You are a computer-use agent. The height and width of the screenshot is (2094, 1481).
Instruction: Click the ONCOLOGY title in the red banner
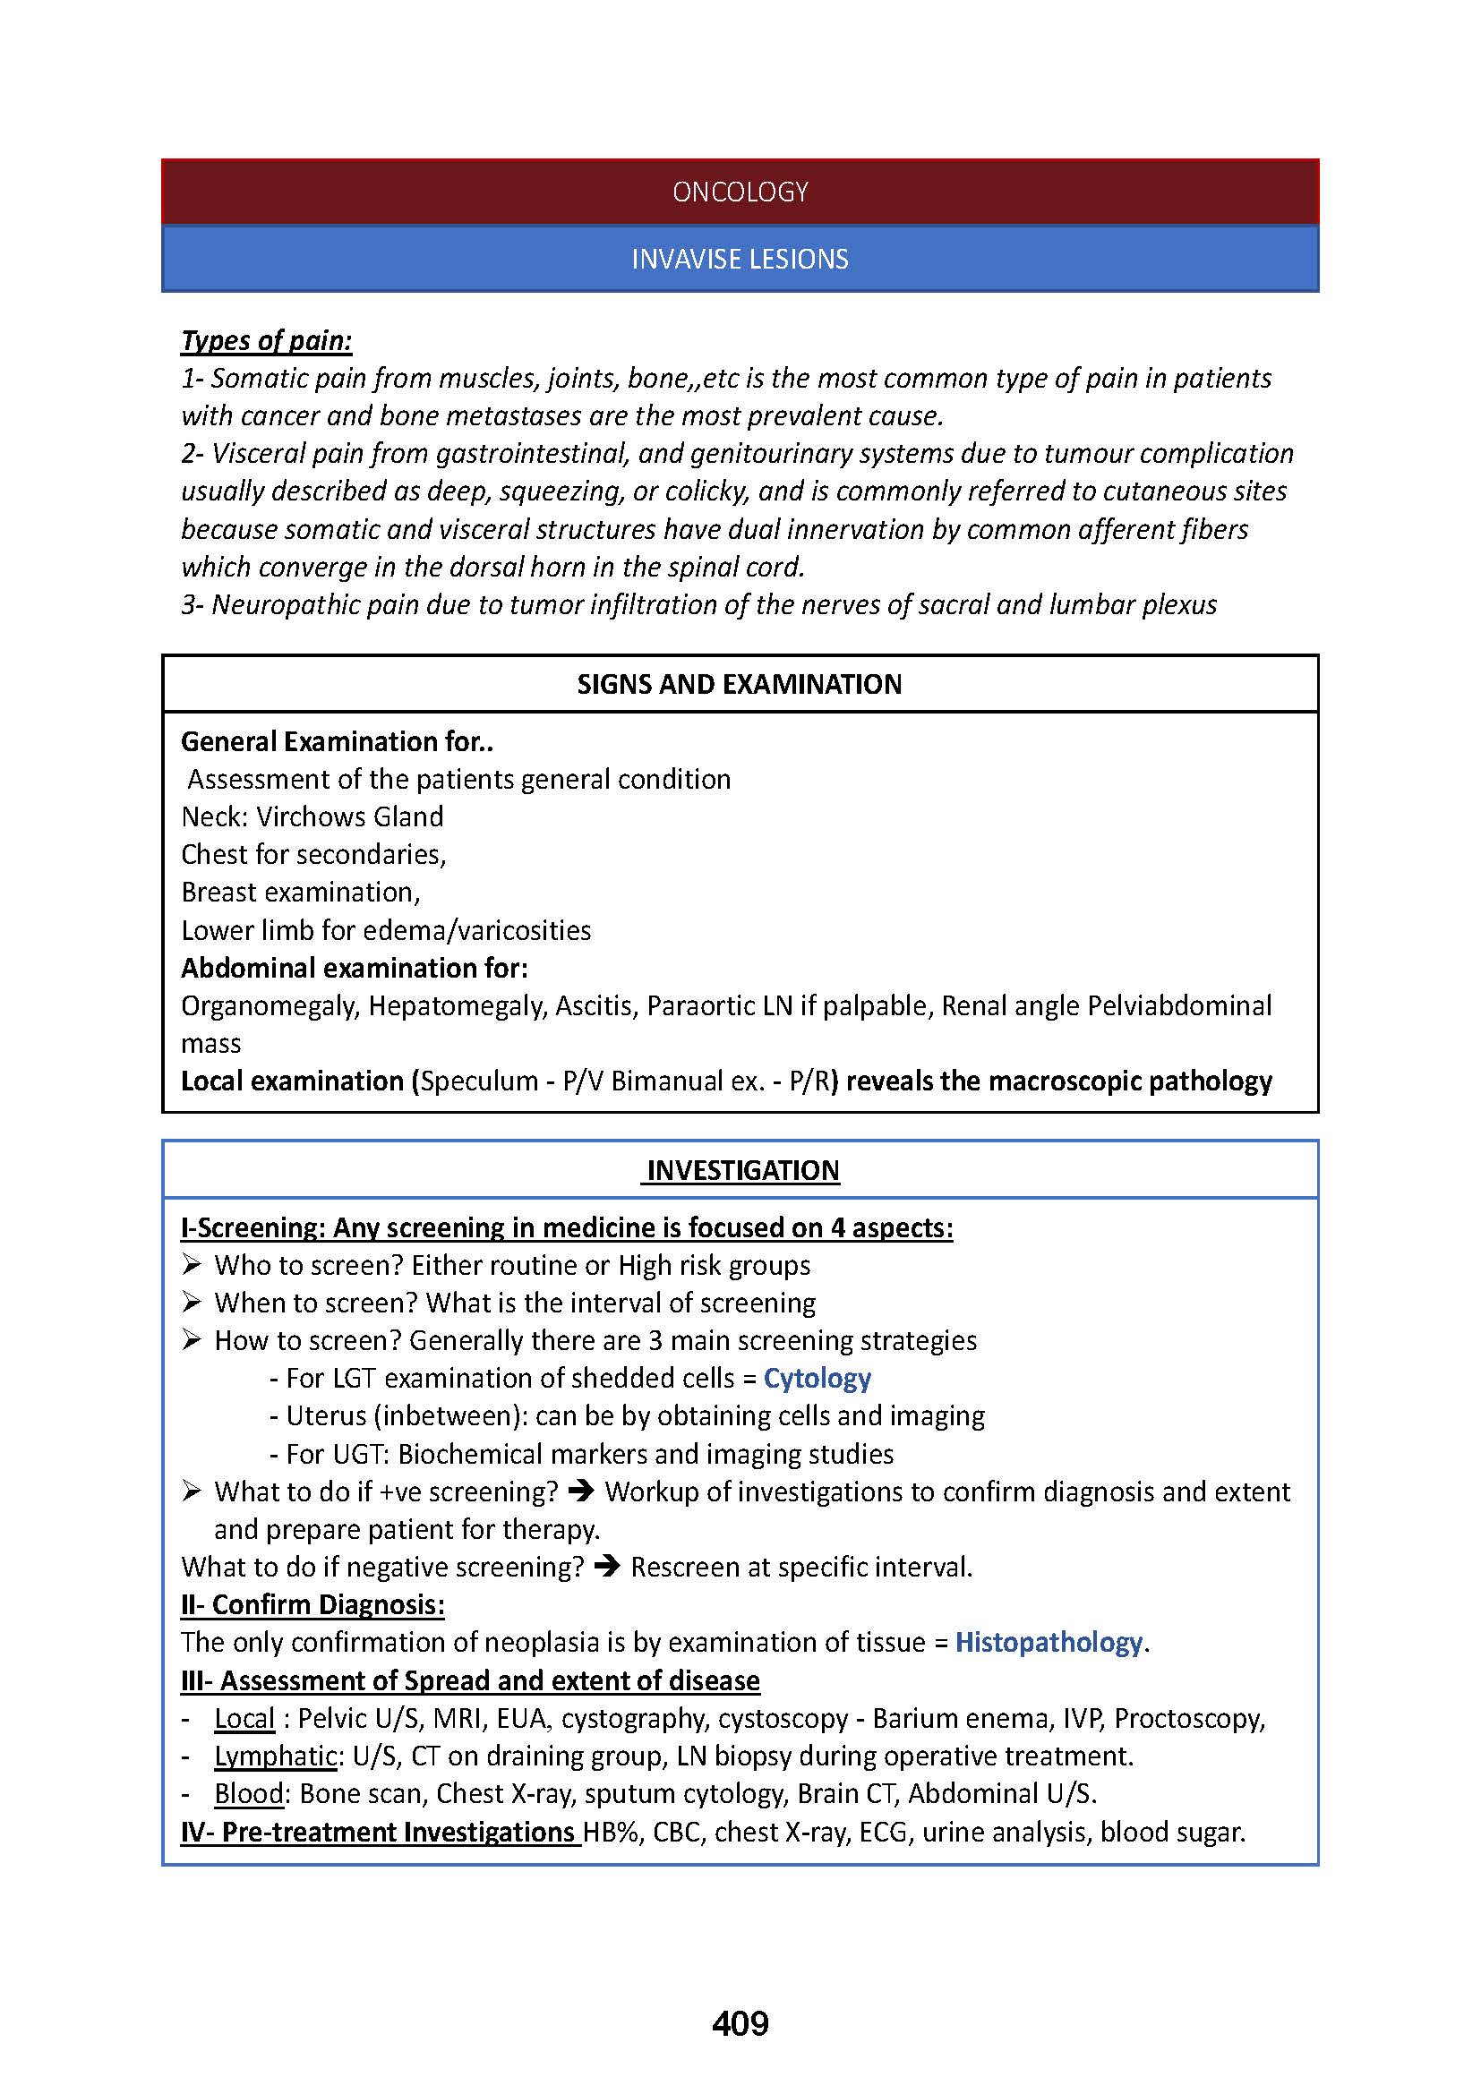pos(740,192)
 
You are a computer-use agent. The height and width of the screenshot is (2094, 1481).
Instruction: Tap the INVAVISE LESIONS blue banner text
pos(740,259)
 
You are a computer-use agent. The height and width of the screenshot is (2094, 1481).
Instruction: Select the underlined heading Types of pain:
pos(266,340)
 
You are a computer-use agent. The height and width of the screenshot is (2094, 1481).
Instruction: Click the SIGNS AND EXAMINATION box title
pos(740,684)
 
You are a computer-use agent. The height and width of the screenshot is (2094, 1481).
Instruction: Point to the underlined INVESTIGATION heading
pos(742,1170)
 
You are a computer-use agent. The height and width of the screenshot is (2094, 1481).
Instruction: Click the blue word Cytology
pos(818,1377)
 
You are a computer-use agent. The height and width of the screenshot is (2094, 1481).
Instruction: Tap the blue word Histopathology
pos(1049,1642)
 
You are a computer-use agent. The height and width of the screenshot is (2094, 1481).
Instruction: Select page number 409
pos(740,2024)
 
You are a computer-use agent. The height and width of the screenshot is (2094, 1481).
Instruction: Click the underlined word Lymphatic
pos(276,1756)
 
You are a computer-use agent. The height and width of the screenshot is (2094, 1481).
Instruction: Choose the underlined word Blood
pos(248,1793)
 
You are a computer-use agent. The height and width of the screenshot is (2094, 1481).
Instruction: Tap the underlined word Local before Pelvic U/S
pos(244,1718)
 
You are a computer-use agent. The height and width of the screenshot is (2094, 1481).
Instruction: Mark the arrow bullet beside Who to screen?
pos(191,1265)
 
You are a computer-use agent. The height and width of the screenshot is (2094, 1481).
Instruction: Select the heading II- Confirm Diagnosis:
pos(312,1604)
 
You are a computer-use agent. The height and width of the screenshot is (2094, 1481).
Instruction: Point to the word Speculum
pos(480,1081)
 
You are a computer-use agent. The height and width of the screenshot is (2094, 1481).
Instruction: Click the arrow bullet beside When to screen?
pos(191,1303)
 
